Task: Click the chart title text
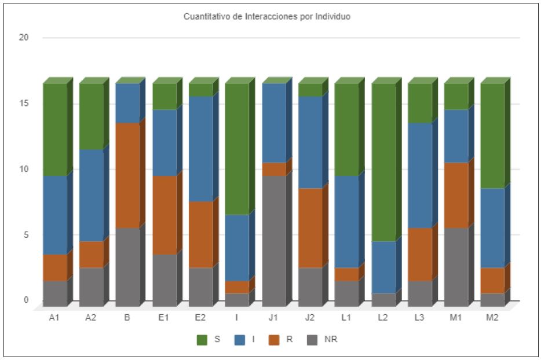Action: click(x=267, y=17)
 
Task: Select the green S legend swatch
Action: click(x=202, y=340)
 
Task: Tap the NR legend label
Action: click(x=331, y=340)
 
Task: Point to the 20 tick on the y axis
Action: click(x=24, y=38)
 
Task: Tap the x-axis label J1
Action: click(x=274, y=317)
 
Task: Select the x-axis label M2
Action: click(x=492, y=317)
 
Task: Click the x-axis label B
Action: click(x=127, y=317)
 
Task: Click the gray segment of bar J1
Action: click(x=274, y=240)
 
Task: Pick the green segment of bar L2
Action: click(x=383, y=162)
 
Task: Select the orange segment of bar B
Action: click(x=127, y=175)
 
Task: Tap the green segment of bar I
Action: click(x=237, y=149)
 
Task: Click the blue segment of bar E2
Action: click(x=201, y=149)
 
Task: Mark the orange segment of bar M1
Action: click(x=456, y=195)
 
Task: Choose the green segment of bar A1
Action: click(x=54, y=129)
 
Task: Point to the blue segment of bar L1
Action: click(x=346, y=221)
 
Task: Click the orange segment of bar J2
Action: click(x=310, y=227)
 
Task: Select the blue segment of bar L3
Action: click(x=420, y=175)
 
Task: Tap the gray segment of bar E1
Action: click(x=165, y=280)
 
